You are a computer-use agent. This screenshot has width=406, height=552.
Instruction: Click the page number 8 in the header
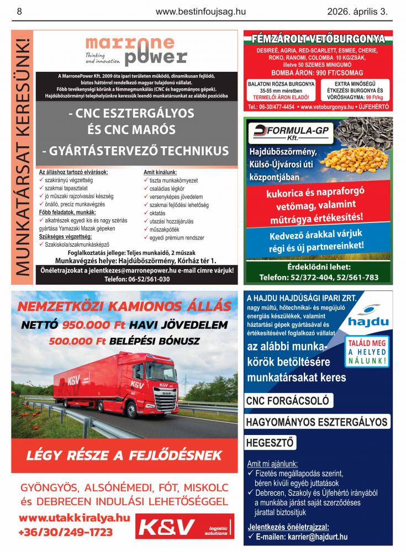click(x=20, y=10)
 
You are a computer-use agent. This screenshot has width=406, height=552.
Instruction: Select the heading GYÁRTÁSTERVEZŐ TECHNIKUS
click(x=136, y=151)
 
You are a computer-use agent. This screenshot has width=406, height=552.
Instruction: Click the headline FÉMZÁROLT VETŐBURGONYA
click(x=318, y=39)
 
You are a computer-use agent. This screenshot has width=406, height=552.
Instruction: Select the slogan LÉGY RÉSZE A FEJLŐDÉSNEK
click(x=124, y=456)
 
